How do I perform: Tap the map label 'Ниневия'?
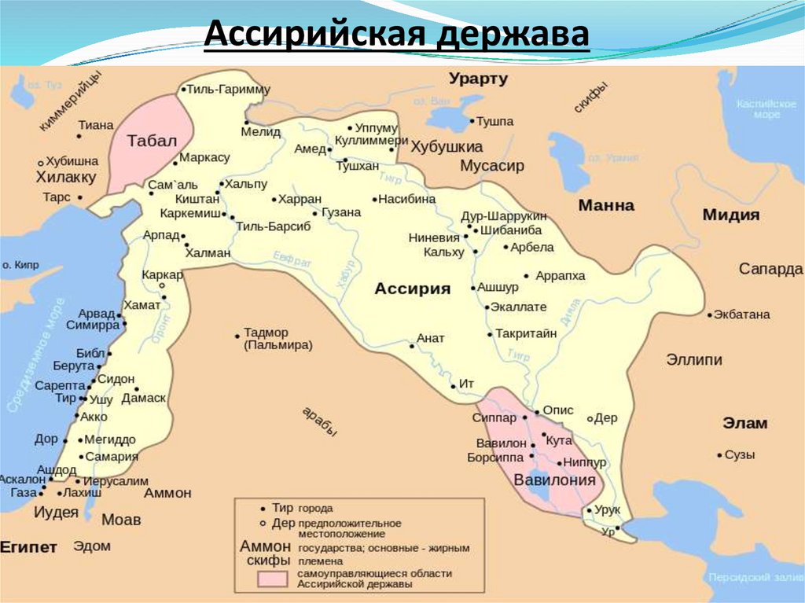[x=433, y=237]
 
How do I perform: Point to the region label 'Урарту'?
[x=479, y=79]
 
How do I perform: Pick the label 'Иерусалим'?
[x=115, y=480]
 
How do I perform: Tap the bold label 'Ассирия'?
[x=412, y=289]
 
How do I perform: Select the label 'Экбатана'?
[x=742, y=314]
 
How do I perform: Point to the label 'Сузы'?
[x=740, y=454]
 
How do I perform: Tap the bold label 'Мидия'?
[x=730, y=215]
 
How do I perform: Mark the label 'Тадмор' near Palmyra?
[x=266, y=332]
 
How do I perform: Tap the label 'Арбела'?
[x=532, y=247]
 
